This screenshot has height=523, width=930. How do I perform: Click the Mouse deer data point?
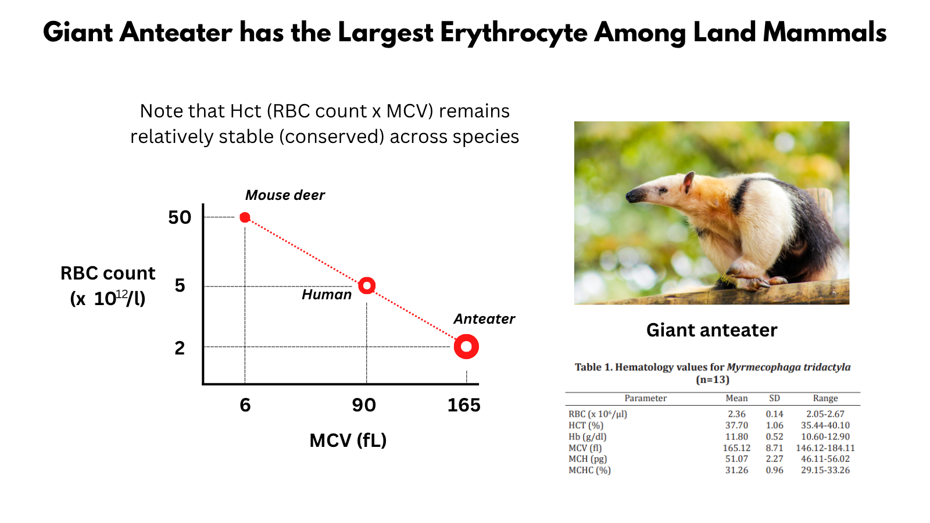[x=245, y=217]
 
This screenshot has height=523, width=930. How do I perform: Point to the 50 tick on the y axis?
[x=180, y=217]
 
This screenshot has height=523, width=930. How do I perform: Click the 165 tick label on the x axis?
[x=464, y=405]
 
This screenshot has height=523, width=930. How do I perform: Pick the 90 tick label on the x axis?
[x=364, y=405]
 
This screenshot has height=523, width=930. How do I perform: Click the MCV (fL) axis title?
[x=348, y=440]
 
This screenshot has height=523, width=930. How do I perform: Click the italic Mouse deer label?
[x=285, y=195]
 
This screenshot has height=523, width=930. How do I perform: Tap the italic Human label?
[x=326, y=295]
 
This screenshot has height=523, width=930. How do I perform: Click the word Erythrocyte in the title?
[x=514, y=33]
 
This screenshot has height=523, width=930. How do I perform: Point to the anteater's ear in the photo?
[x=688, y=182]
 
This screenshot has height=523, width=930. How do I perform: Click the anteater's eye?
[x=663, y=191]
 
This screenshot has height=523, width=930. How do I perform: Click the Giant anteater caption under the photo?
[x=711, y=331]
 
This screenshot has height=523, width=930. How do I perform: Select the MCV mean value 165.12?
[x=736, y=448]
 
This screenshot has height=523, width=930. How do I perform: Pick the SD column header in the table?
[x=774, y=398]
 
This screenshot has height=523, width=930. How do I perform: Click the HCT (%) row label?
[x=586, y=425]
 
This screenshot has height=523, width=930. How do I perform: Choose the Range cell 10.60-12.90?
[x=825, y=436]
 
